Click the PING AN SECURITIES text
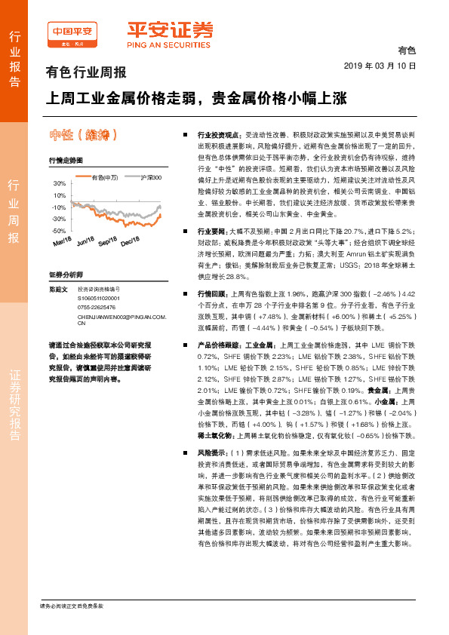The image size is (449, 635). point(169,44)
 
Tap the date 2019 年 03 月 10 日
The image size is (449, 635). point(385,66)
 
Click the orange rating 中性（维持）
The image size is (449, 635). point(82,135)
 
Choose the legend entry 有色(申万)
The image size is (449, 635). point(105,177)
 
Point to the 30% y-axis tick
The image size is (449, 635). point(59,184)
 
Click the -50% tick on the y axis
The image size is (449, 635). point(59,231)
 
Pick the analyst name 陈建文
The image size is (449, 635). point(57,289)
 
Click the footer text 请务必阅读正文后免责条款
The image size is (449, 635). point(71,606)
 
